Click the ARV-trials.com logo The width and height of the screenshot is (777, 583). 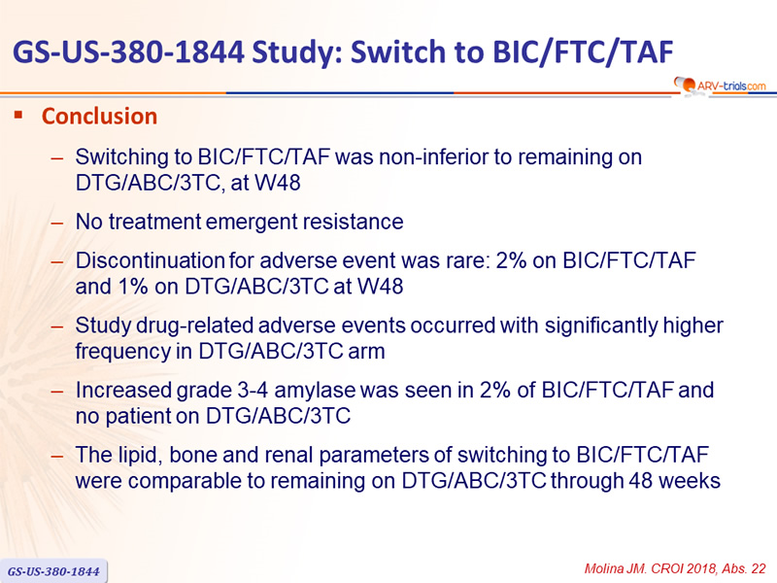(720, 86)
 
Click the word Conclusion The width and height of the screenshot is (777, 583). (100, 116)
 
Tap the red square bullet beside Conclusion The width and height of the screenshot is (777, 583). (18, 116)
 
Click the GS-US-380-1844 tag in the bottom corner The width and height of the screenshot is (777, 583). (53, 571)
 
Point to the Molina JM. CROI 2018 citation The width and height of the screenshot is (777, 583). (675, 568)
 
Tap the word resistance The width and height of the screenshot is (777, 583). (354, 222)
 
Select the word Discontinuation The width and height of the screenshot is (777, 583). (150, 260)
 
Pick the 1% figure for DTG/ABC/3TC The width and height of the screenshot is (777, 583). (133, 287)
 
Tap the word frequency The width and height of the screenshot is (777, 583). (122, 352)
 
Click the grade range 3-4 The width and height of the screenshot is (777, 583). (253, 391)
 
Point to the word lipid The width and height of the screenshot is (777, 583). (141, 455)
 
